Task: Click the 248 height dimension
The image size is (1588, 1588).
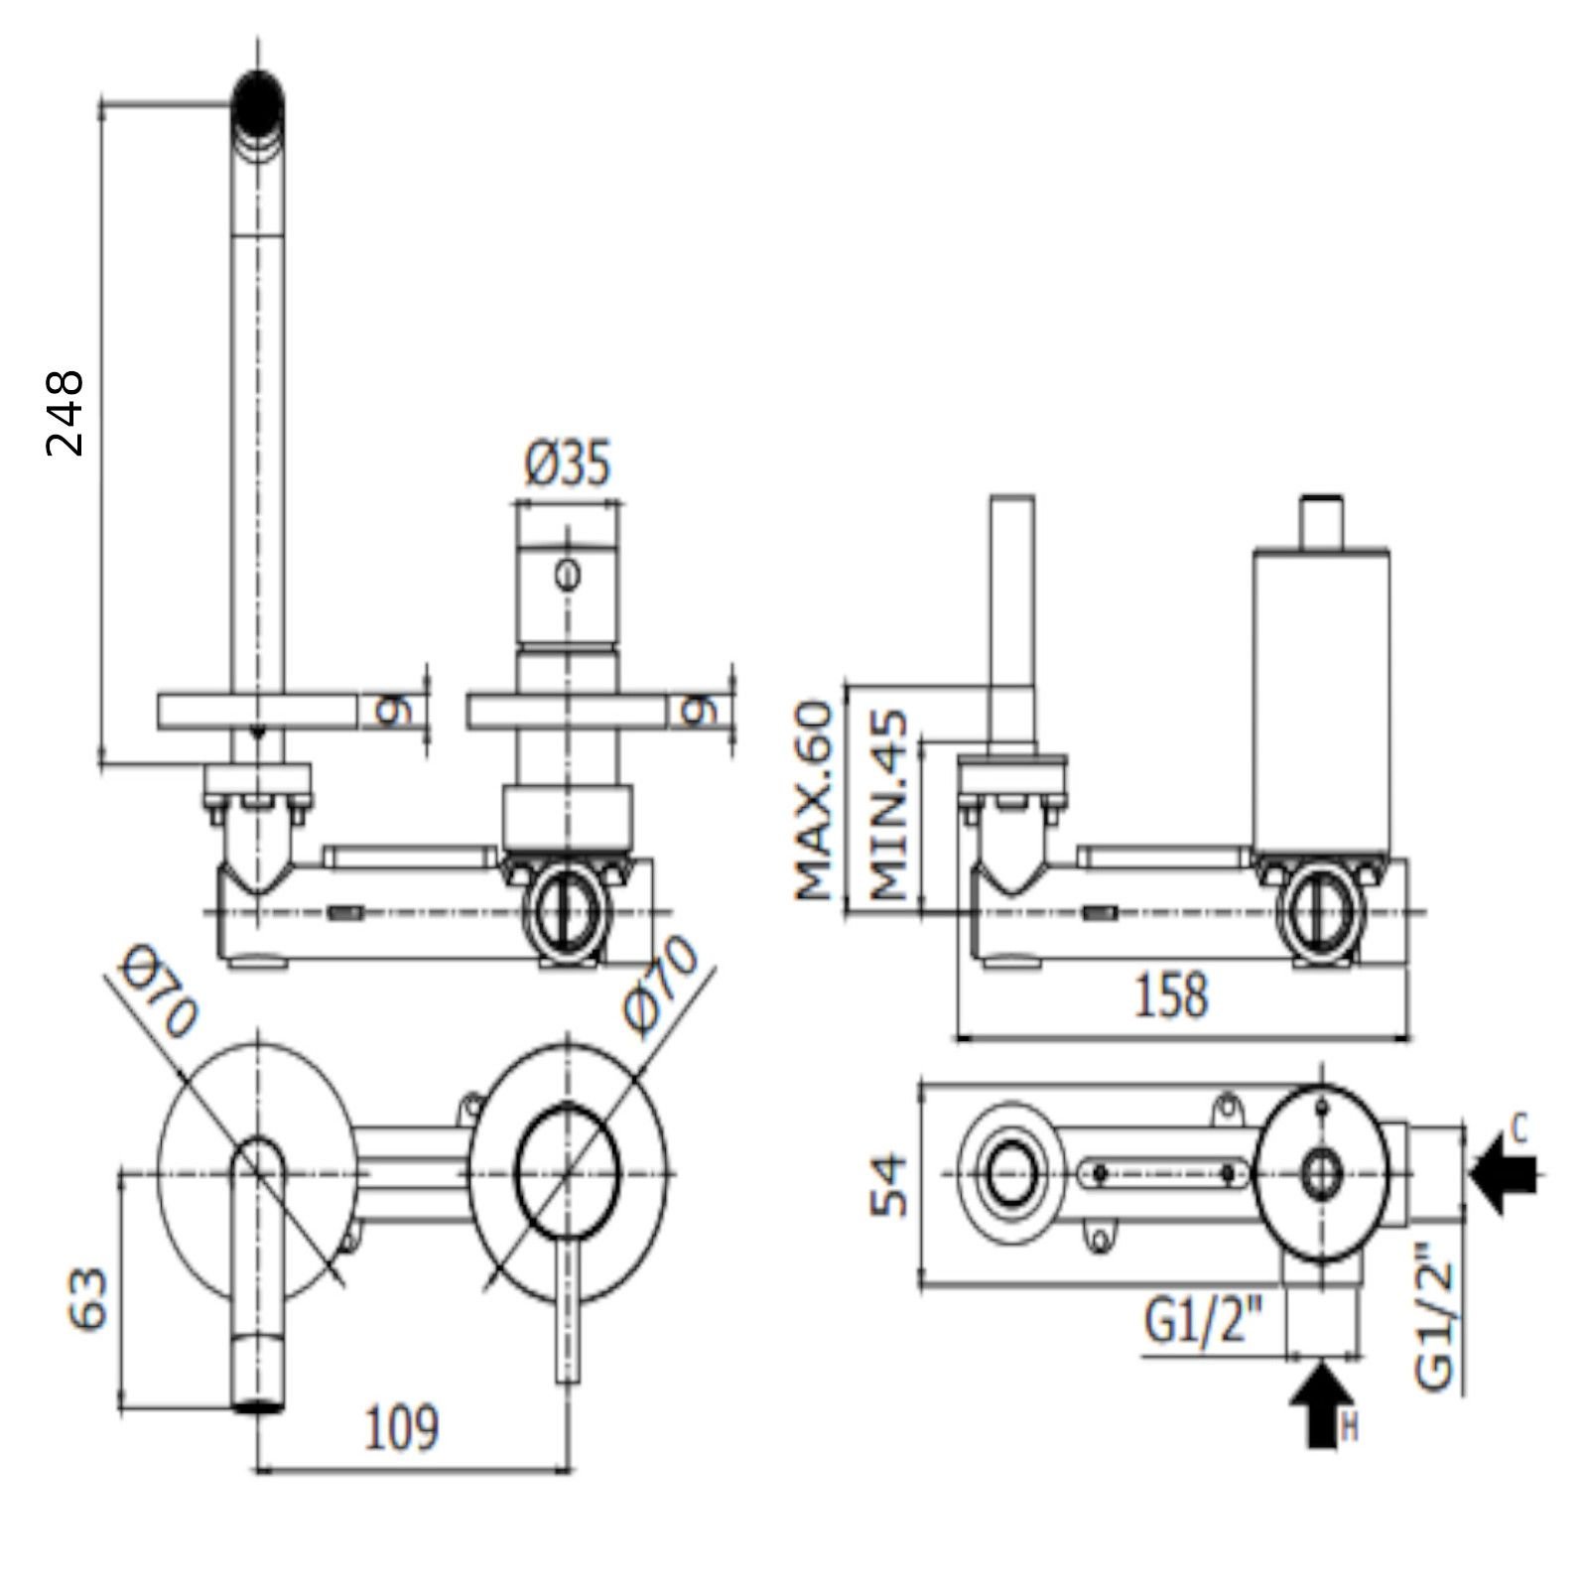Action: click(x=66, y=413)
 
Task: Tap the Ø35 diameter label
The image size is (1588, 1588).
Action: click(x=568, y=463)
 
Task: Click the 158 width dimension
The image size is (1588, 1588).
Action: click(x=1172, y=994)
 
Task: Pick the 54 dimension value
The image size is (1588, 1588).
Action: click(x=889, y=1184)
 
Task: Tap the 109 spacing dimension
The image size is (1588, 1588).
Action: click(x=402, y=1429)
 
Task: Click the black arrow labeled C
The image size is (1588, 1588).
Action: click(x=1505, y=1174)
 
